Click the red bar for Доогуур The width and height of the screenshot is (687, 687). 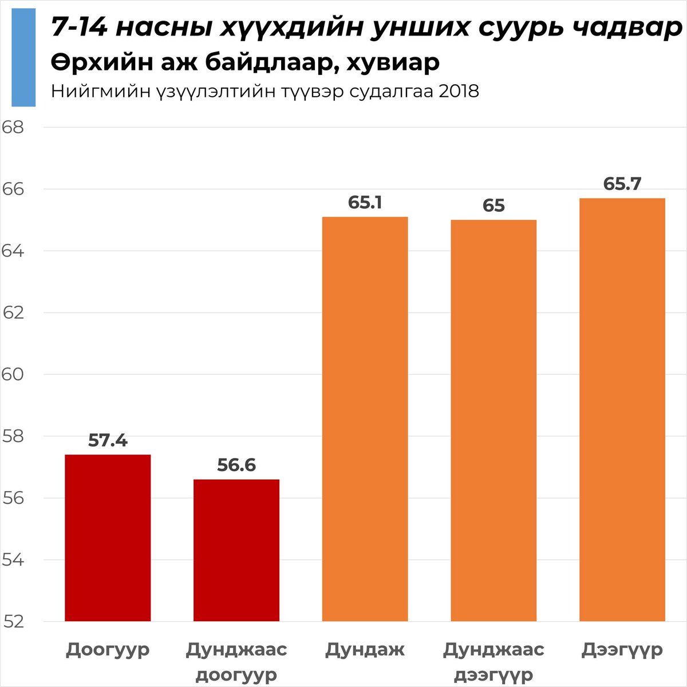(x=108, y=538)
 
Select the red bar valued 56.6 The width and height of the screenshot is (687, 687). (x=236, y=550)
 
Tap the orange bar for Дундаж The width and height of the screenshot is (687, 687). (x=365, y=418)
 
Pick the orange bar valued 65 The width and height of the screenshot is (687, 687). (x=493, y=420)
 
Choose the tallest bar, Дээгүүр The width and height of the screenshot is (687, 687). (x=622, y=409)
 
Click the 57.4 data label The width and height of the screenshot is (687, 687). (x=108, y=440)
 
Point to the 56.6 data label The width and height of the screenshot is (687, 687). (x=236, y=465)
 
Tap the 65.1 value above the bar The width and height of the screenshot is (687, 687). (x=365, y=203)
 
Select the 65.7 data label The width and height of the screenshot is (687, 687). (x=622, y=184)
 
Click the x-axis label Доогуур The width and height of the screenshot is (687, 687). (x=108, y=650)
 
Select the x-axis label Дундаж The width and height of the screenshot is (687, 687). (x=365, y=650)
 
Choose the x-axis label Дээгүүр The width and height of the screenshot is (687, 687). (x=622, y=650)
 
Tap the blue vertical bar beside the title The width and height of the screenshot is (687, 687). (x=23, y=57)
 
